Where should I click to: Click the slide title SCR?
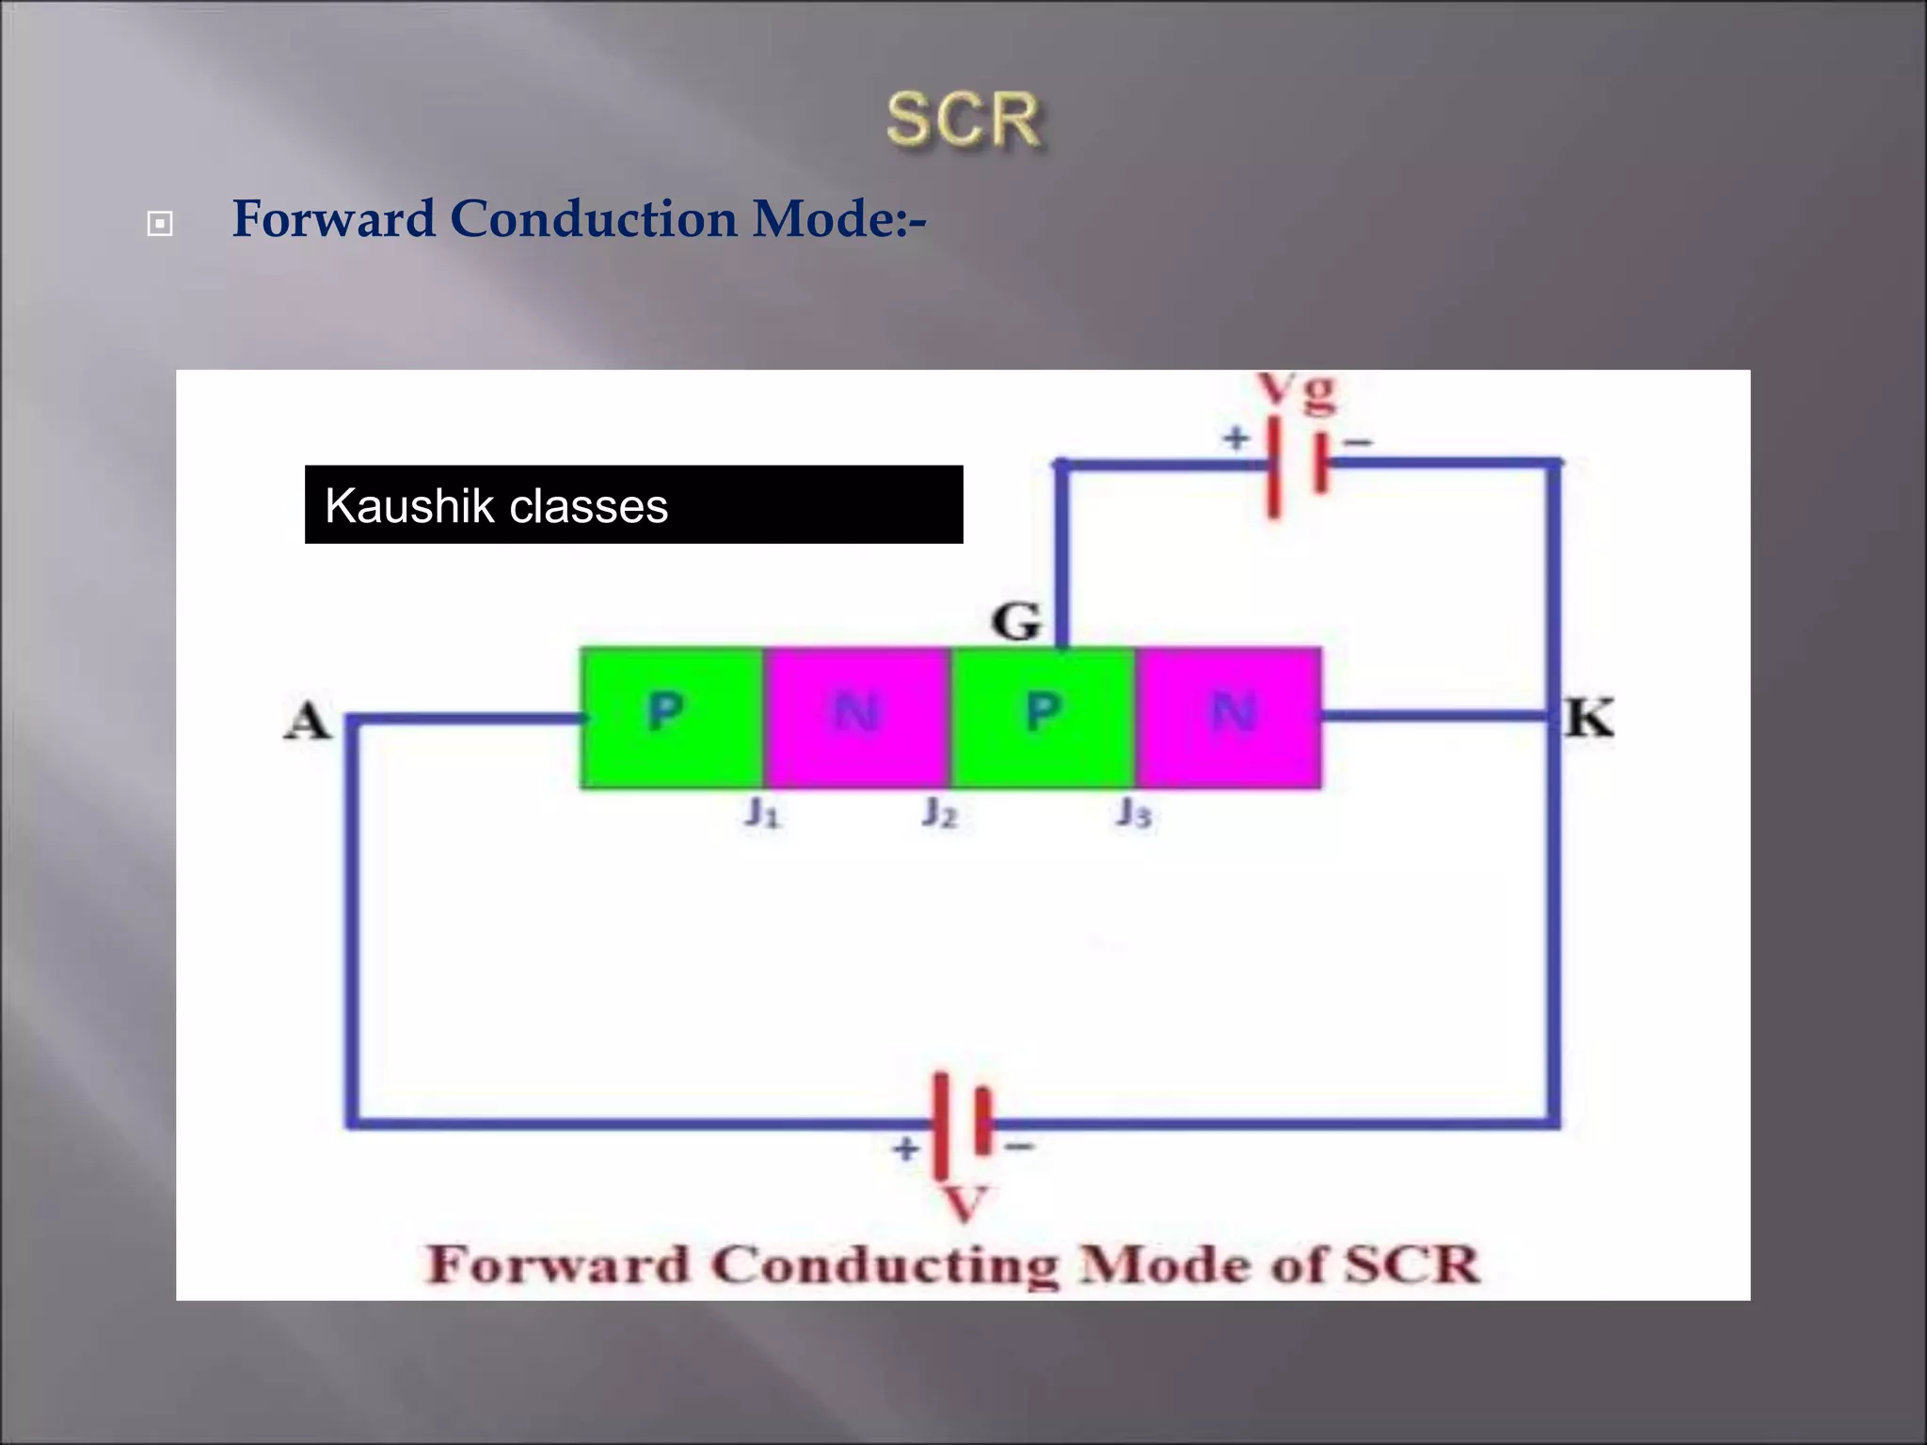963,119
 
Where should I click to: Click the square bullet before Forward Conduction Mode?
160,224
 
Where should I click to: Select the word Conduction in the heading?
593,218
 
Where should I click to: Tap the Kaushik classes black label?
633,505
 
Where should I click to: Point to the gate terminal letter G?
1016,622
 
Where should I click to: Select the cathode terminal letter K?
1590,718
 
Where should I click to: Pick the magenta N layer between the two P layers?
855,717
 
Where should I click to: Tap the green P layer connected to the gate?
1043,717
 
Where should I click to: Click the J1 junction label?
762,812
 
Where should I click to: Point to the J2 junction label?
940,812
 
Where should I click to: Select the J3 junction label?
1134,812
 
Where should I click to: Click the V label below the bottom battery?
964,1203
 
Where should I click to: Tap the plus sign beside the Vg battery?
1236,437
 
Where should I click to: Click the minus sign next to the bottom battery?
1021,1146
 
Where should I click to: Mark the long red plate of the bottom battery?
940,1125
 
